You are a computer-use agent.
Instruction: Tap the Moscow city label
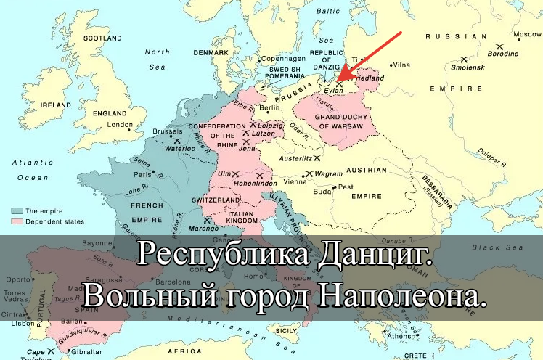point(527,34)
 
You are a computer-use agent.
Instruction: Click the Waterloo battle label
point(181,148)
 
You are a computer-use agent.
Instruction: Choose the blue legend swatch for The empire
point(16,210)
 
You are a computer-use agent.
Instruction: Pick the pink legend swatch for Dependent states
point(16,221)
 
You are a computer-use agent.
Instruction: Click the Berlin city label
point(269,108)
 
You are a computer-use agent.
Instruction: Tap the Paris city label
point(143,174)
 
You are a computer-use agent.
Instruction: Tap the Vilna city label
point(401,65)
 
